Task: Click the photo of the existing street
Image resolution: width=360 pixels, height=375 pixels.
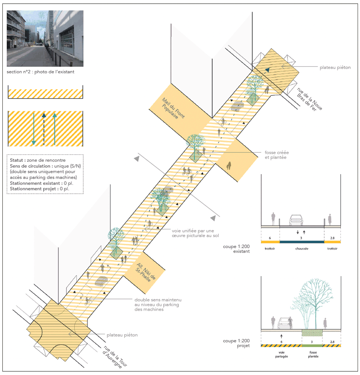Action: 45,38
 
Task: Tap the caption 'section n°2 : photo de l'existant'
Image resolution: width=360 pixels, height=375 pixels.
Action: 40,72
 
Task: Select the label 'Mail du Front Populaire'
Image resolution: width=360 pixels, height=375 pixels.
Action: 173,108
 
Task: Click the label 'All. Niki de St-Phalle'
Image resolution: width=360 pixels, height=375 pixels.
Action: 146,272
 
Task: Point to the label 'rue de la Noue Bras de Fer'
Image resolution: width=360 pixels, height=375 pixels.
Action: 309,99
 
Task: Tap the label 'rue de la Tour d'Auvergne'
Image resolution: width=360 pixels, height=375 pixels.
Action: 115,357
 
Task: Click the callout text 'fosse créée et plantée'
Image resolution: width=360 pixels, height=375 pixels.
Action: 276,155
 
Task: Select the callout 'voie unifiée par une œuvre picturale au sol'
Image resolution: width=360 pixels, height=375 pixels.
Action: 195,233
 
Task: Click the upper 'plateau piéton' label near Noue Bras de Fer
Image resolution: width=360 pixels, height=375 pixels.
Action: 335,68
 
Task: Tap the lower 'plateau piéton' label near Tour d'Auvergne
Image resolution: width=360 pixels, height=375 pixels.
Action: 122,335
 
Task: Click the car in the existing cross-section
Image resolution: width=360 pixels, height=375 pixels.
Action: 296,220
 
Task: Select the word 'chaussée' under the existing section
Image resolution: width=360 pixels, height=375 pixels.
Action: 302,249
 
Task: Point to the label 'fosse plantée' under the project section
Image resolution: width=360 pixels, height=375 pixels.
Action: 313,354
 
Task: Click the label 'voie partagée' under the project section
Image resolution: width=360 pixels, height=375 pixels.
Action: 281,354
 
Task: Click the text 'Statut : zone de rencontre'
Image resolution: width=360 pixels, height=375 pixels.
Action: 38,160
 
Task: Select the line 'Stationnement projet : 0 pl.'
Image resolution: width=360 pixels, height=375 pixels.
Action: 40,189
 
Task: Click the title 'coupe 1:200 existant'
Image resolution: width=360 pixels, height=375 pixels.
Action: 236,249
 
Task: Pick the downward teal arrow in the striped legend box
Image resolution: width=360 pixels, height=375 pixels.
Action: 34,129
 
